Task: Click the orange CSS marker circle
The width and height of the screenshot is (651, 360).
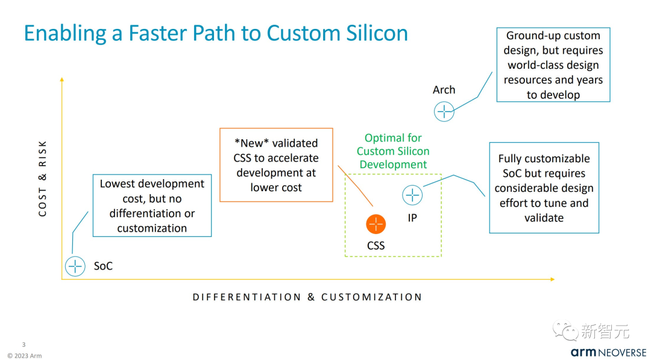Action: (376, 224)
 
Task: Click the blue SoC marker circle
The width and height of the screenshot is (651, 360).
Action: (75, 266)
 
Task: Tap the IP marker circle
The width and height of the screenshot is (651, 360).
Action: (412, 195)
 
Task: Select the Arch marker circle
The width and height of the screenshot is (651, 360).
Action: (444, 112)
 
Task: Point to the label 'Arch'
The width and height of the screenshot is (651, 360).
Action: (444, 90)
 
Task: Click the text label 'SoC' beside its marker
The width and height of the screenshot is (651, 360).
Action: (103, 266)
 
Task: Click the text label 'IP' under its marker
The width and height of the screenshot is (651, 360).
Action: (412, 218)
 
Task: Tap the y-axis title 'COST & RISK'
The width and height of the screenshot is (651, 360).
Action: (43, 178)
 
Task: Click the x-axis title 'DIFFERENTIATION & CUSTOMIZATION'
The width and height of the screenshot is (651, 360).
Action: (307, 297)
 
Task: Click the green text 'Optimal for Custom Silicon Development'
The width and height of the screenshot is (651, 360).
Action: (393, 151)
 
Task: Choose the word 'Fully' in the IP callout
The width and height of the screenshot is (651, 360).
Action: (513, 159)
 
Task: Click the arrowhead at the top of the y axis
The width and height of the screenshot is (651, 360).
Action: (61, 80)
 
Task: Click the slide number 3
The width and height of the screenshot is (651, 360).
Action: (24, 344)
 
